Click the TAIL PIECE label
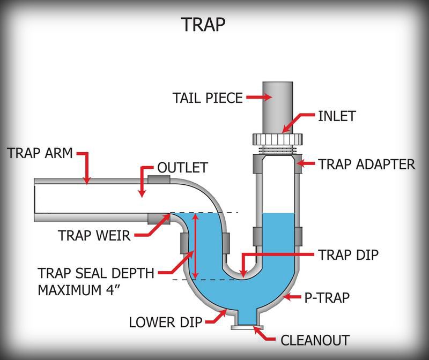pos(208,98)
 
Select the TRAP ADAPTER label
pos(367,164)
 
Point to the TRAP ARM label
pos(40,153)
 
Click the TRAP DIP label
pos(348,254)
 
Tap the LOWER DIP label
pos(165,322)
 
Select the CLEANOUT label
pos(315,340)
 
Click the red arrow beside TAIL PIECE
pos(259,98)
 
